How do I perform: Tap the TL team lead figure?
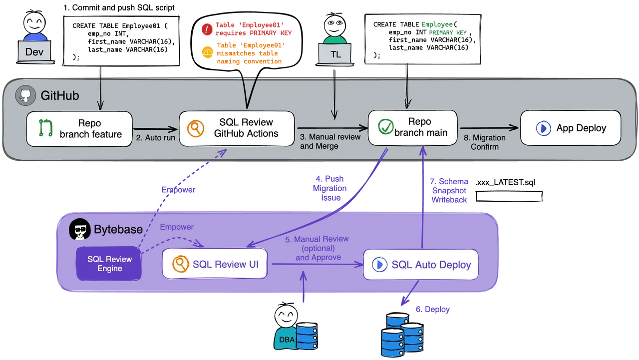coord(335,40)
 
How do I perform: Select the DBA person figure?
coord(285,328)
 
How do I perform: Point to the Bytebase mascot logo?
coord(79,230)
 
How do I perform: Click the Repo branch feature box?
coord(79,128)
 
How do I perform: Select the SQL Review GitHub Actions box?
coord(237,128)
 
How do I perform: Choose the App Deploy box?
coord(571,128)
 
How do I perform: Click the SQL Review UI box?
coord(214,264)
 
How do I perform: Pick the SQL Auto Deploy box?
coord(421,265)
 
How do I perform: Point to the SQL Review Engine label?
coord(109,264)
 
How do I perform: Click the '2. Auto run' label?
coord(155,138)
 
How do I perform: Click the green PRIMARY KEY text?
coord(448,33)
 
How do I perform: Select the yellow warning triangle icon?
coord(206,52)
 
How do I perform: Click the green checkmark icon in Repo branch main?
coord(385,127)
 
